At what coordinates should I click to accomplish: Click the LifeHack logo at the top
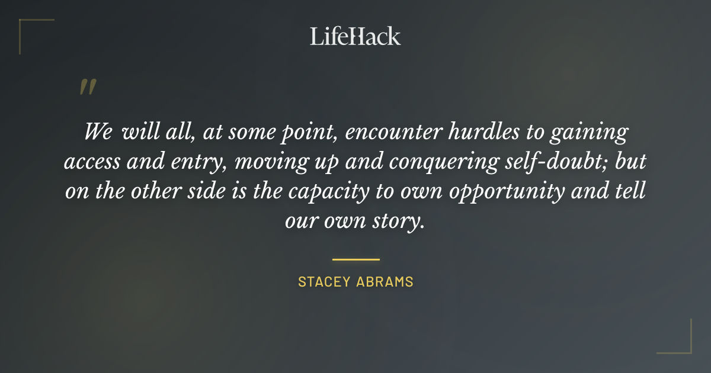[355, 36]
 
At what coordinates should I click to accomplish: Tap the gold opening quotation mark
[88, 87]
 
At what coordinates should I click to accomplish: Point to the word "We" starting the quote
[98, 131]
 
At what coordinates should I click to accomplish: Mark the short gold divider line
[355, 259]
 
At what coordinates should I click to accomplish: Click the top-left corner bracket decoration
[27, 27]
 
